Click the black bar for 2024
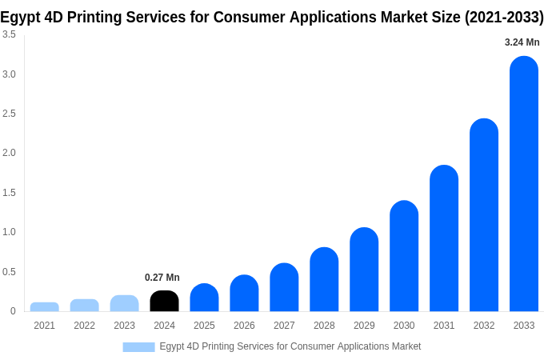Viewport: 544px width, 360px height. (x=164, y=301)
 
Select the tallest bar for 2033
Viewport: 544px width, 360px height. (x=524, y=184)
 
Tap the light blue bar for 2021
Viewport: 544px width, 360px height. (x=44, y=306)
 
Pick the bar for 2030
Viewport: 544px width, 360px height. (x=404, y=256)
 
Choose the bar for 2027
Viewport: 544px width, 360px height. (x=284, y=287)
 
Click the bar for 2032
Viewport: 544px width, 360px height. (x=484, y=215)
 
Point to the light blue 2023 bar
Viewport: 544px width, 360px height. (x=124, y=303)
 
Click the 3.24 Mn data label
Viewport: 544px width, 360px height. (x=522, y=42)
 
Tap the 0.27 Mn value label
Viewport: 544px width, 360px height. (x=162, y=278)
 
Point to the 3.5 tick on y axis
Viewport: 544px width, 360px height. (x=9, y=34)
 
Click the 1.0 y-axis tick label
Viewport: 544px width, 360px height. (x=9, y=232)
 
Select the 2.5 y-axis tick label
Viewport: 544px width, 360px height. (x=9, y=114)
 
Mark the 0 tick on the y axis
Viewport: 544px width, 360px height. (x=13, y=311)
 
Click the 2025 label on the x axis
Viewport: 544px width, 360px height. (x=204, y=326)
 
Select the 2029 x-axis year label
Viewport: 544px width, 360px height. (x=364, y=326)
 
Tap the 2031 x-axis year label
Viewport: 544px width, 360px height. (x=444, y=326)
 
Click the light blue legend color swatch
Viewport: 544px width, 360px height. (x=138, y=346)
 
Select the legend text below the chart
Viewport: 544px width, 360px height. (x=290, y=346)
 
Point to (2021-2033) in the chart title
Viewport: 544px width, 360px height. (x=503, y=17)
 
